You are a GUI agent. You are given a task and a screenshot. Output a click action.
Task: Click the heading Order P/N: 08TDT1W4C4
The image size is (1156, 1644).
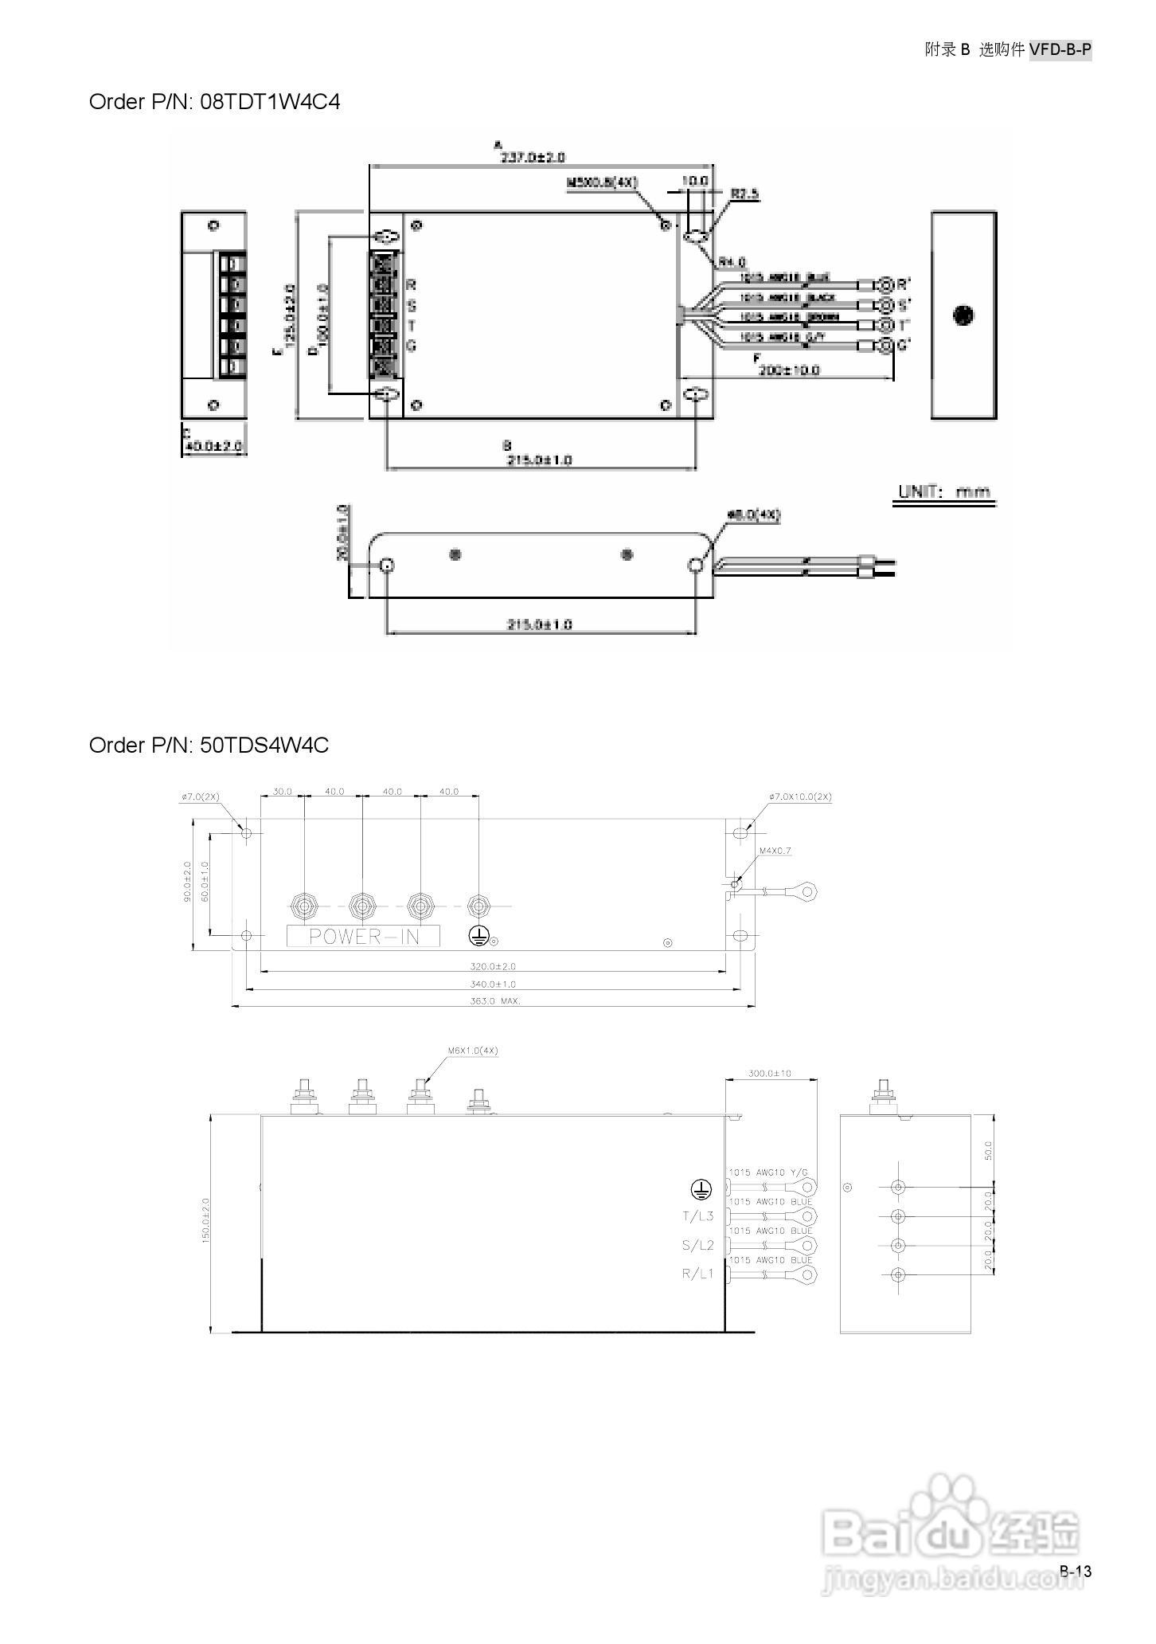214,102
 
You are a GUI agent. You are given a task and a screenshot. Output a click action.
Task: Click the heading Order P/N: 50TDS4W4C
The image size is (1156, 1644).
209,746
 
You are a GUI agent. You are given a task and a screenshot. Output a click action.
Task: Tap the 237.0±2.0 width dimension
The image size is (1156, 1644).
532,158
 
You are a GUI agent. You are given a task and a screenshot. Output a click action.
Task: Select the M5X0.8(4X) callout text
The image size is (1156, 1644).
602,182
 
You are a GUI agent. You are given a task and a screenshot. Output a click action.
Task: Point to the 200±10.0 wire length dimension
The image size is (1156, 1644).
789,370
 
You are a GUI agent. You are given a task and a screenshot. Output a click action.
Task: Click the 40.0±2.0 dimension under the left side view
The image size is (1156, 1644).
213,446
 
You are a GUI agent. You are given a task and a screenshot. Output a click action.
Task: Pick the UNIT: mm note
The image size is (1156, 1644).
944,491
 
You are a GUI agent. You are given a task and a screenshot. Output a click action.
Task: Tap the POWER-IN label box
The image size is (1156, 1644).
363,936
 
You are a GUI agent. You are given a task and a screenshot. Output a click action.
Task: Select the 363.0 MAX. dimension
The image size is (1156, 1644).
495,1001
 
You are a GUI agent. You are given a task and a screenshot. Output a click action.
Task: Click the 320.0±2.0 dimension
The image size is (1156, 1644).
493,966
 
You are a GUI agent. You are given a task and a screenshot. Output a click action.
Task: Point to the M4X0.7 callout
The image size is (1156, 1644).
775,851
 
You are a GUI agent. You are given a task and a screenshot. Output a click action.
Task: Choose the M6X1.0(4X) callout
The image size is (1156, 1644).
472,1051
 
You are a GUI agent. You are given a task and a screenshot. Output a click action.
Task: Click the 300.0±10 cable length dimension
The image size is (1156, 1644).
770,1073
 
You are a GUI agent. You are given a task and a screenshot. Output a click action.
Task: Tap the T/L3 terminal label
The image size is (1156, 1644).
697,1216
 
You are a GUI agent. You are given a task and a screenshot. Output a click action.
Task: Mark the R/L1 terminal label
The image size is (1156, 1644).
697,1274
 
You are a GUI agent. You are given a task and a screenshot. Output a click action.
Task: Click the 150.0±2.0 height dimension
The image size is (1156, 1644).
205,1221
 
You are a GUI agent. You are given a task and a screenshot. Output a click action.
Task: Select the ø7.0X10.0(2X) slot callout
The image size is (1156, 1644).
800,797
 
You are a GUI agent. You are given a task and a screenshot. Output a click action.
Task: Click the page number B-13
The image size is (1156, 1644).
1075,1571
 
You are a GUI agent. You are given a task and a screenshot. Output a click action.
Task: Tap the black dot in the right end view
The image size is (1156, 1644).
963,315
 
